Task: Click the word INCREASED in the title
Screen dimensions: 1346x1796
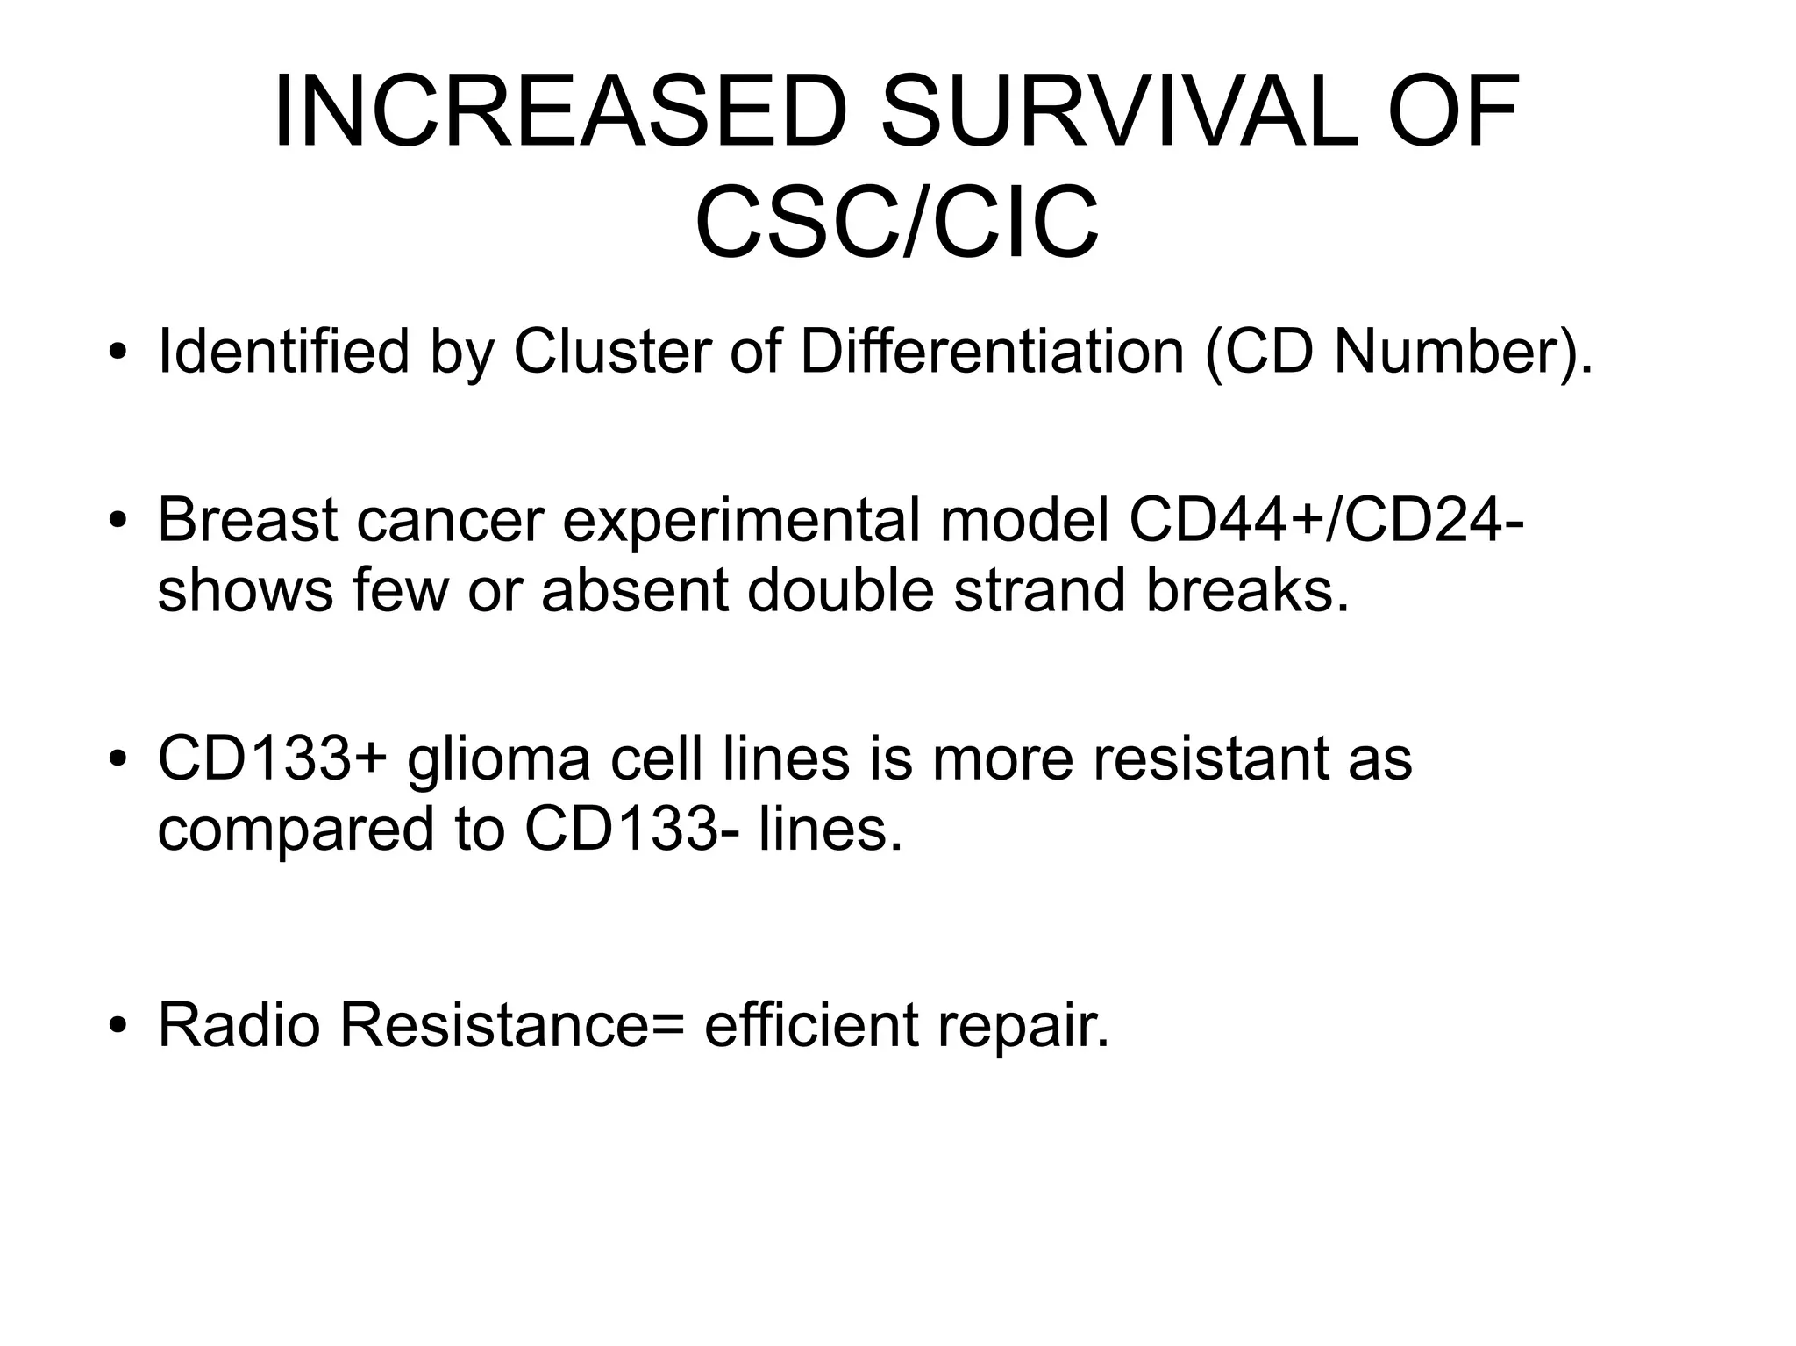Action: tap(561, 112)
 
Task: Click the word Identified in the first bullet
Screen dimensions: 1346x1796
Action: tap(283, 352)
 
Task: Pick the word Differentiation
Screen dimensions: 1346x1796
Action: tap(991, 352)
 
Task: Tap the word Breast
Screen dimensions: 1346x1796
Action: tap(247, 519)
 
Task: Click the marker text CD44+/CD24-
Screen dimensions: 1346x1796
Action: tap(1325, 519)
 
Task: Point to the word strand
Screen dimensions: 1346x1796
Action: tap(1039, 589)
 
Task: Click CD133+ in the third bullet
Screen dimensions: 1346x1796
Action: tap(272, 758)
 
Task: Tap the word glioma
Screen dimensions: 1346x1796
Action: tap(499, 758)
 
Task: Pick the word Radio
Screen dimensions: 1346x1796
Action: tap(239, 1024)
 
